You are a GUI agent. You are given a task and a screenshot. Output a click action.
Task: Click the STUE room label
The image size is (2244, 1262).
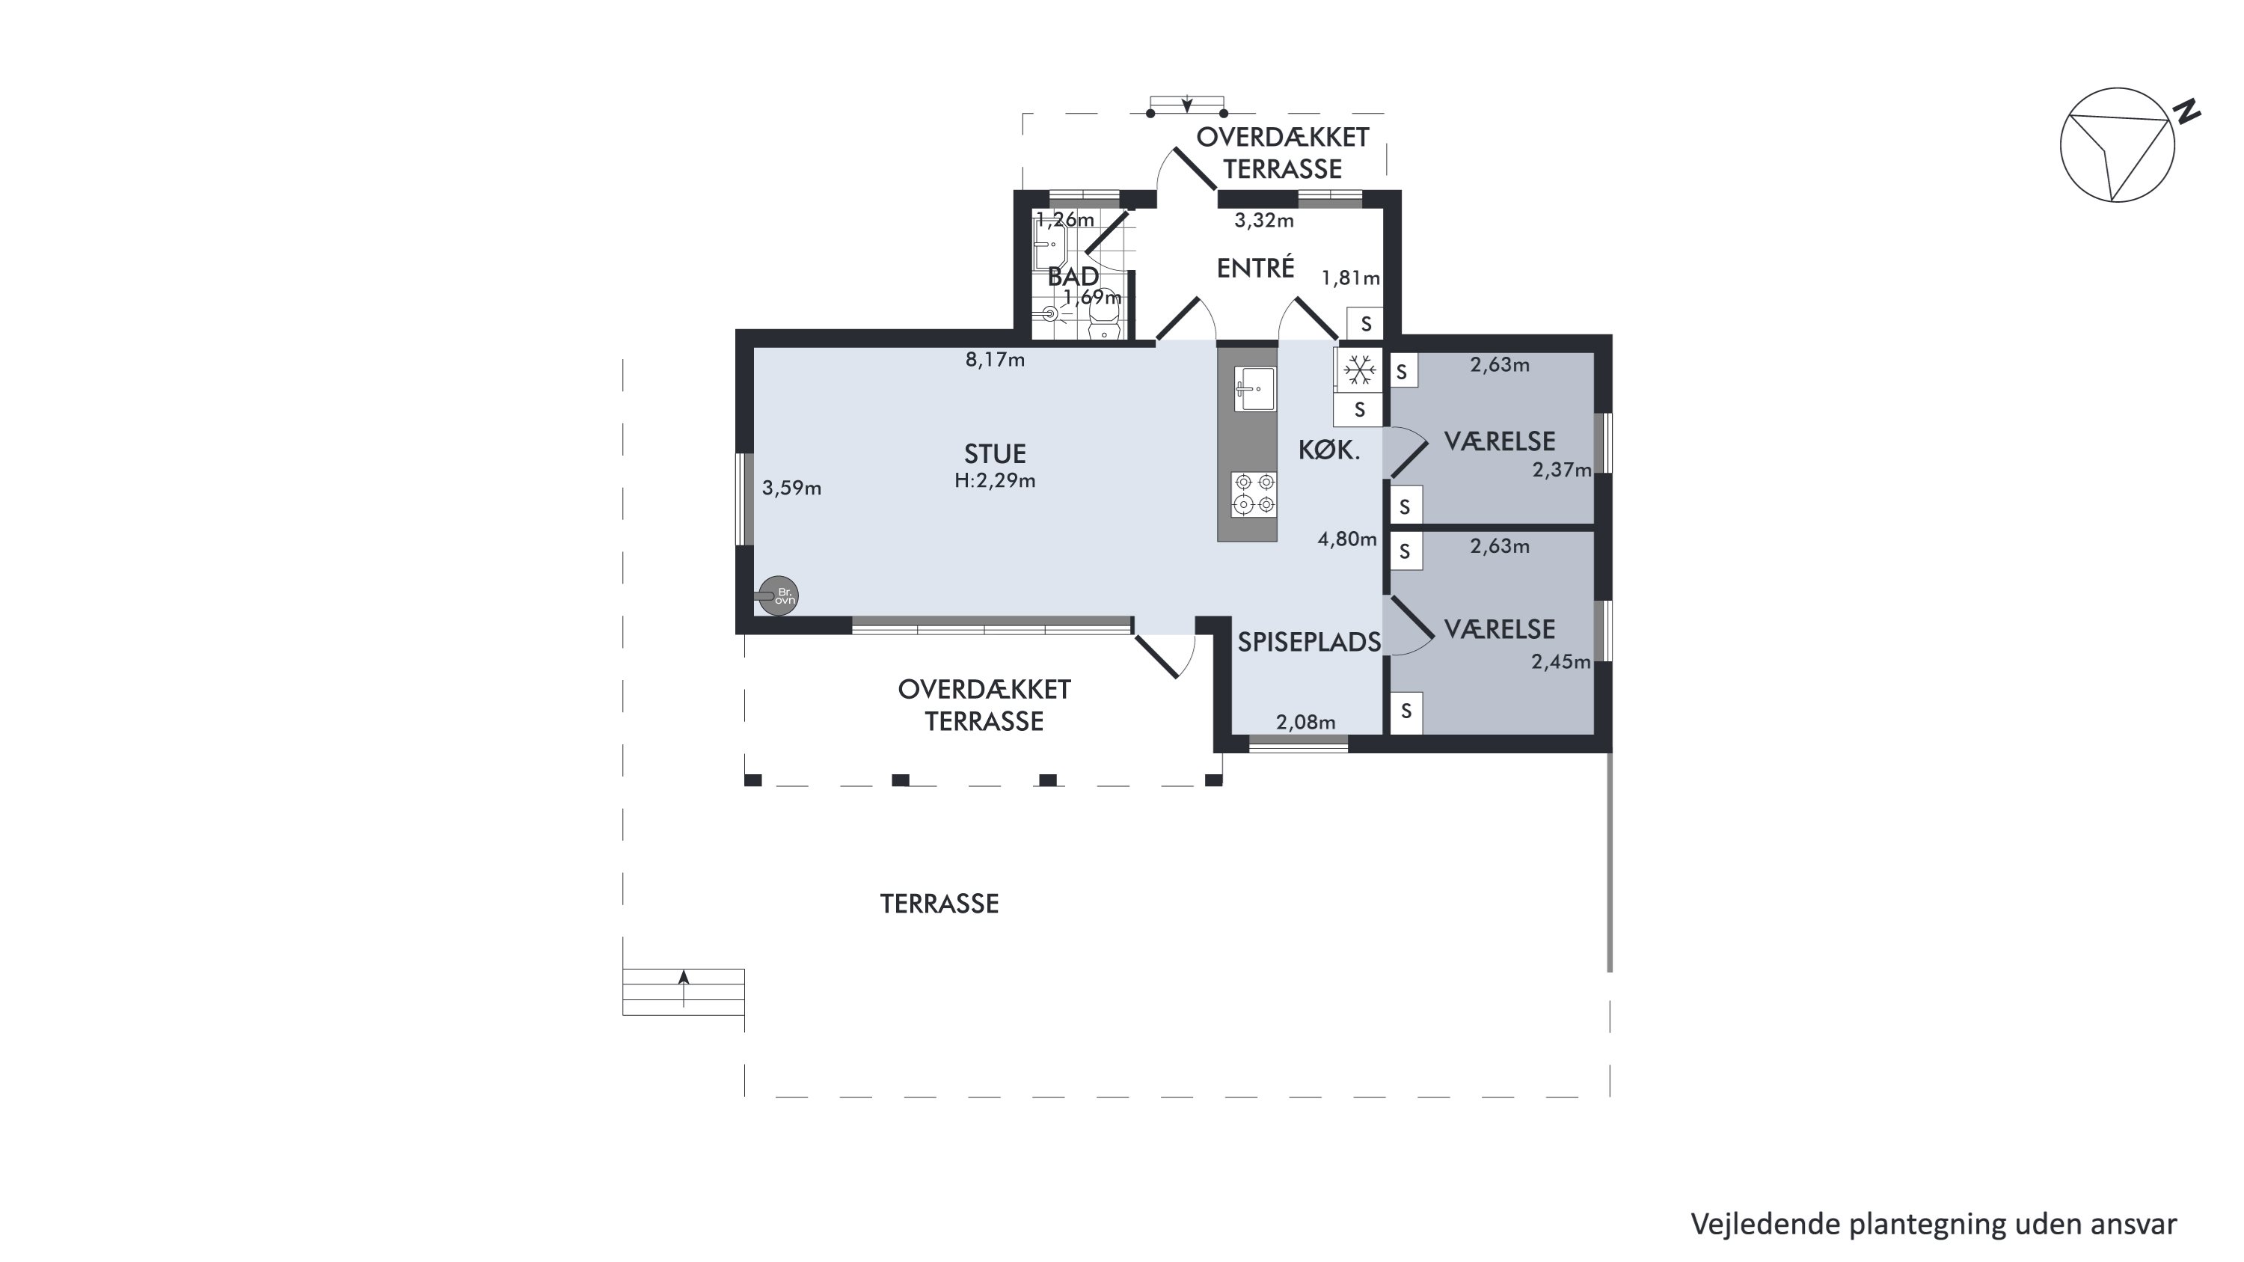[x=995, y=454]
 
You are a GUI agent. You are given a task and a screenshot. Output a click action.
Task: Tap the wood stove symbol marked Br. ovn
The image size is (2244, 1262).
[x=777, y=597]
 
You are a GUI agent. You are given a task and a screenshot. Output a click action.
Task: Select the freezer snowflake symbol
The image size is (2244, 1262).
[x=1359, y=371]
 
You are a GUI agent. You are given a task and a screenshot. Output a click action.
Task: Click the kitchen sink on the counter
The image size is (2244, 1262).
[x=1254, y=388]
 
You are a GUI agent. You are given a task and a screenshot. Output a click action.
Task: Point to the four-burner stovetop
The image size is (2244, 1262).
[x=1254, y=493]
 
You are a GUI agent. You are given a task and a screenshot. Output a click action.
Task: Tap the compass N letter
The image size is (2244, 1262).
[x=2186, y=113]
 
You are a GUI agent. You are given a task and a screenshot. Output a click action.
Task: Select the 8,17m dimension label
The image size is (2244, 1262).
[x=995, y=360]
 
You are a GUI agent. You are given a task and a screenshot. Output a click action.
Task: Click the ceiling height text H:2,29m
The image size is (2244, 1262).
[x=995, y=481]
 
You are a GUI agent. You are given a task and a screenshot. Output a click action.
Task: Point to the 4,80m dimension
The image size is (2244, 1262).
[x=1346, y=539]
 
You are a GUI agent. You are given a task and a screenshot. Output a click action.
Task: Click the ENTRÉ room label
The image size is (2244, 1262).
[x=1255, y=269]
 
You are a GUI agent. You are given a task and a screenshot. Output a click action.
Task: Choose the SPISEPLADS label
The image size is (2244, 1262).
[x=1309, y=642]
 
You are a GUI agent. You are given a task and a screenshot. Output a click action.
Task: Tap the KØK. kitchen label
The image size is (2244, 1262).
[x=1329, y=450]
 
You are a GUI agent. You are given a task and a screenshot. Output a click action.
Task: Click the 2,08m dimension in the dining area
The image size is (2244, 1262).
[x=1306, y=722]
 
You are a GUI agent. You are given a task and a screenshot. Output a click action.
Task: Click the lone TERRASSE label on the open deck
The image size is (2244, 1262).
[x=939, y=904]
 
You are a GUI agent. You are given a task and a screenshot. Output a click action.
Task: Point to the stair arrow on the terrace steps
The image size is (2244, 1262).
[x=684, y=987]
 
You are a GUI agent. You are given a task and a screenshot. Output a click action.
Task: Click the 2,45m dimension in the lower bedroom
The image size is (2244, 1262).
[x=1561, y=662]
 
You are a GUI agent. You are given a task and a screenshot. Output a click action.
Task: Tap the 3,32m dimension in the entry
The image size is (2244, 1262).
[x=1264, y=221]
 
